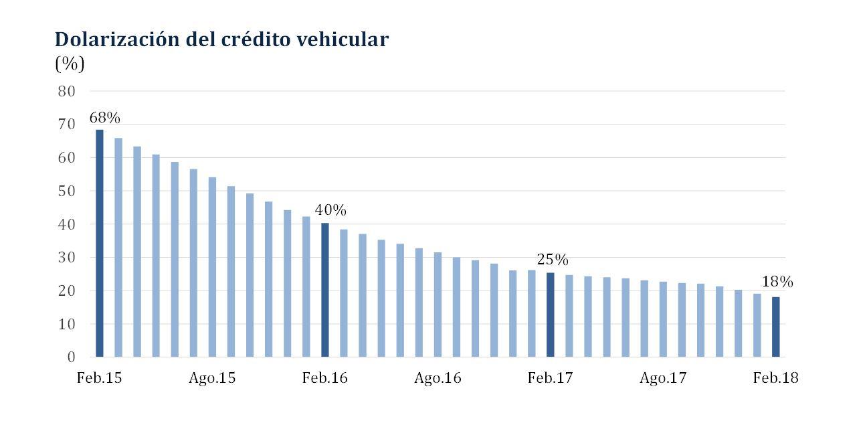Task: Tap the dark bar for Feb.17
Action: [x=550, y=315]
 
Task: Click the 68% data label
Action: [x=104, y=118]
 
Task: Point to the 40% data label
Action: [x=330, y=211]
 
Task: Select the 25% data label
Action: [x=553, y=260]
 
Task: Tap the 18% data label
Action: [x=777, y=282]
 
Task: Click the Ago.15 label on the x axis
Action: [x=212, y=378]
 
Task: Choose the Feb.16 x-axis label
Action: [x=325, y=378]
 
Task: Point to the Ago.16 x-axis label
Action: [x=438, y=378]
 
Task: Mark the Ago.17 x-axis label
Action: [x=663, y=378]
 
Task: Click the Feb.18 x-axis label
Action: [x=775, y=378]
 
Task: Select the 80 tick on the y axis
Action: [x=66, y=91]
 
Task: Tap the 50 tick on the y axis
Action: [x=66, y=191]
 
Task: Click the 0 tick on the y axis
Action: [x=71, y=357]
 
